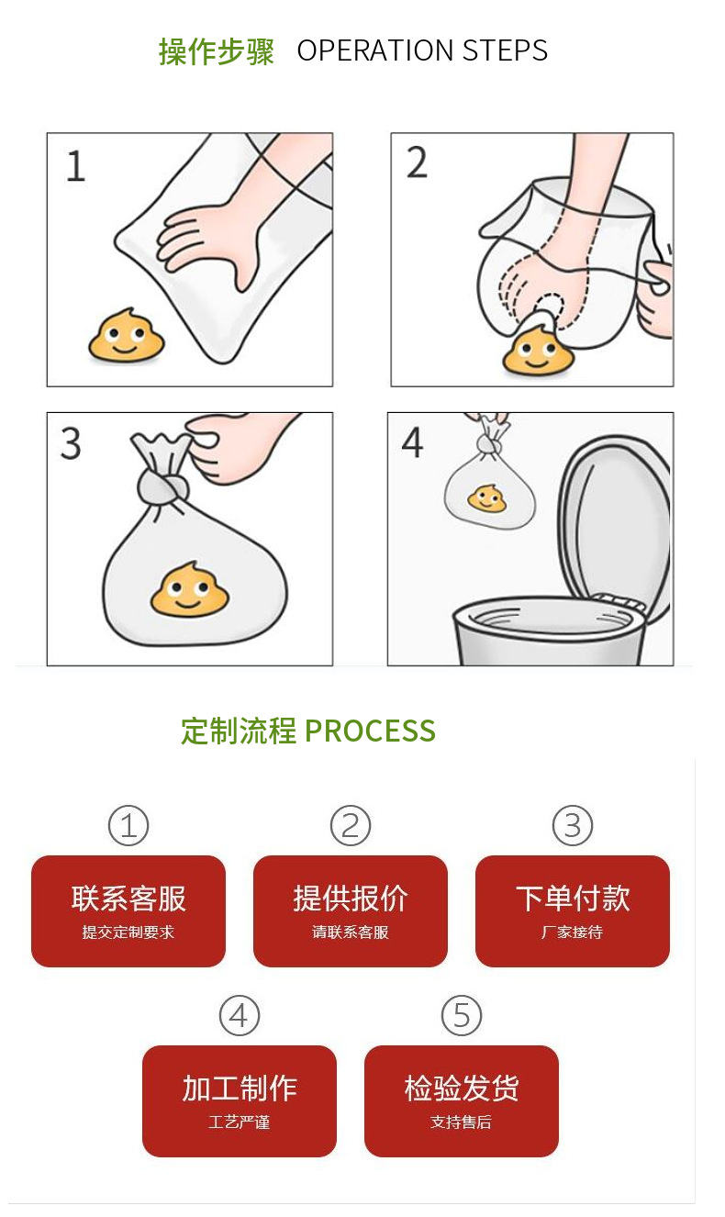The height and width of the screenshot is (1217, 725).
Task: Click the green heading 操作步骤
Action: [x=217, y=51]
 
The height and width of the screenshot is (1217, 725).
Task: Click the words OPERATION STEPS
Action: [x=422, y=50]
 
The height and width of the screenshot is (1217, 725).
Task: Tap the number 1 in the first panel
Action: [x=76, y=166]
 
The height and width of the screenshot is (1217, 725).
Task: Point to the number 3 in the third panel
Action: [x=72, y=444]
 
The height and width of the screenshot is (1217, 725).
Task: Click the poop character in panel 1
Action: [x=126, y=336]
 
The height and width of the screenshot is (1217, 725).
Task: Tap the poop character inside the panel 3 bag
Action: [x=190, y=589]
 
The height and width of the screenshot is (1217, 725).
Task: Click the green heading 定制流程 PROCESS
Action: [x=308, y=731]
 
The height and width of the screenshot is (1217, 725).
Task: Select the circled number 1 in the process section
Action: [x=128, y=826]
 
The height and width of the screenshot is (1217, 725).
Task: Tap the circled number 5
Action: [x=461, y=1015]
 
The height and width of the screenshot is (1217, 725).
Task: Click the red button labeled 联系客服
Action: [x=128, y=911]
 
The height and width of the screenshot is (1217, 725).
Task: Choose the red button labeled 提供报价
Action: [x=351, y=911]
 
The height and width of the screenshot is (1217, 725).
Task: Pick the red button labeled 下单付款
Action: [x=573, y=911]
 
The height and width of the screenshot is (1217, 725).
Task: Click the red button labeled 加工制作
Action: [x=240, y=1101]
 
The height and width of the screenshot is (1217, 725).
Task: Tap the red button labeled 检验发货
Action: [x=461, y=1101]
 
